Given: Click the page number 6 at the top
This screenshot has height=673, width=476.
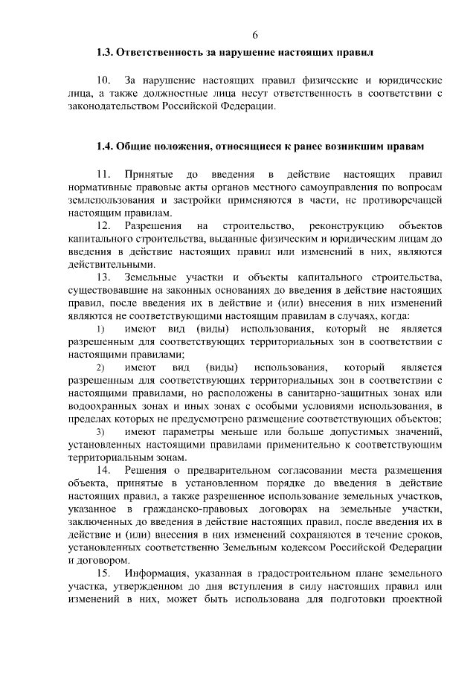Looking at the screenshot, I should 254,35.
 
